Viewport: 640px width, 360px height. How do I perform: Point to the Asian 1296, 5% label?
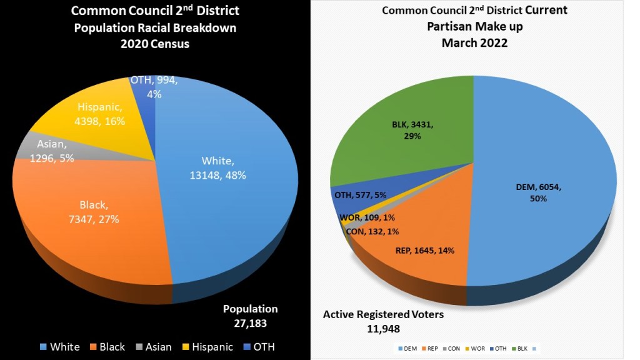(x=52, y=152)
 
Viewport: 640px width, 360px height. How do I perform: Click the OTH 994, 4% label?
(x=154, y=87)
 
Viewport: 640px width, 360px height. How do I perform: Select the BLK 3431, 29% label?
(x=406, y=130)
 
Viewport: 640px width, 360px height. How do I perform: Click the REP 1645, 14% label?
(x=424, y=251)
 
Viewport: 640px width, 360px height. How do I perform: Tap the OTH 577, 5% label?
(x=360, y=195)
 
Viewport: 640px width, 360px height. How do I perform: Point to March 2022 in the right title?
(x=474, y=42)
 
